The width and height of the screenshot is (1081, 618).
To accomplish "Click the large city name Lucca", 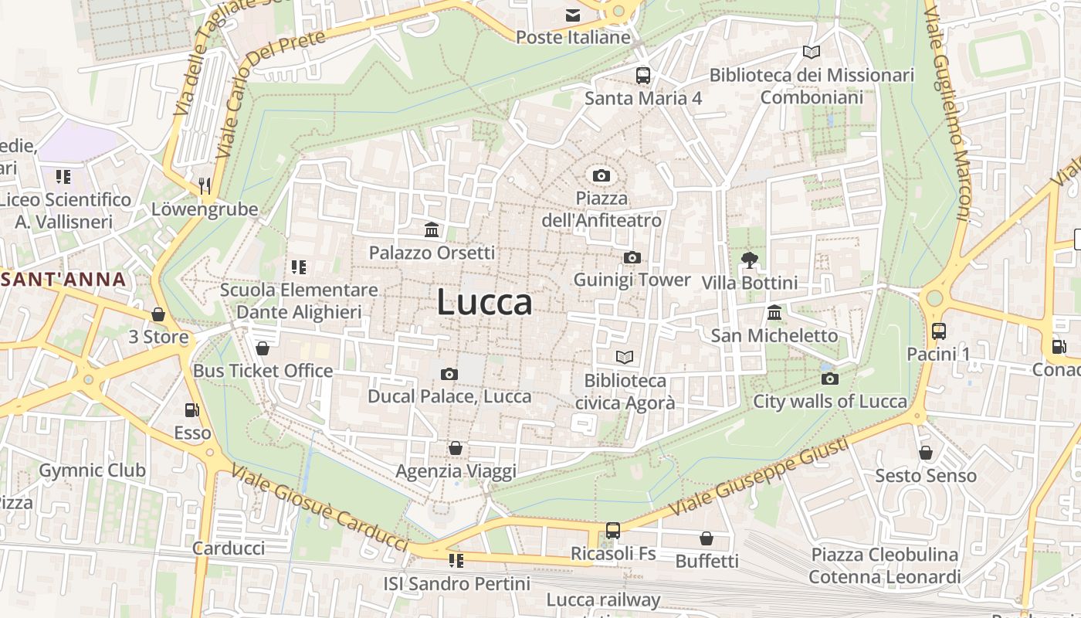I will [484, 302].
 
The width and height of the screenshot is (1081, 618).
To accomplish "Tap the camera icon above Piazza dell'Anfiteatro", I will [601, 176].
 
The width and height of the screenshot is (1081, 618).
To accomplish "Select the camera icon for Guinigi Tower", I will [632, 257].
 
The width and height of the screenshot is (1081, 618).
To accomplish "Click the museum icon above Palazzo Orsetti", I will [432, 229].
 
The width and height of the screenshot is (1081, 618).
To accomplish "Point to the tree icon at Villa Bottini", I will [748, 260].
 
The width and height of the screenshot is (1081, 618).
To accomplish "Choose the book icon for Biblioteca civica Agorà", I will [625, 357].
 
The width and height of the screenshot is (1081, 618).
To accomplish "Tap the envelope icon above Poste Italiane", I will [573, 15].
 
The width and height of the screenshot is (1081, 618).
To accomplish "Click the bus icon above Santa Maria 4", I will [643, 75].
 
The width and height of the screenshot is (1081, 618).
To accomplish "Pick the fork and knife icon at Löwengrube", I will [205, 185].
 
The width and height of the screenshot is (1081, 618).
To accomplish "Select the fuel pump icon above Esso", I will [191, 410].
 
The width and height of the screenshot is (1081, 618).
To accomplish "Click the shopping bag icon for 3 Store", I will [158, 314].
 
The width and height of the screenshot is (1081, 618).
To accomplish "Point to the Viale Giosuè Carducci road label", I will [319, 509].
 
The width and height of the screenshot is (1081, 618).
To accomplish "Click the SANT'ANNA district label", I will [63, 279].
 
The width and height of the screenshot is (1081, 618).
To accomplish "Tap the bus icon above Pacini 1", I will [938, 331].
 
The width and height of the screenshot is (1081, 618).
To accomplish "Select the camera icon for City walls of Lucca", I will [830, 379].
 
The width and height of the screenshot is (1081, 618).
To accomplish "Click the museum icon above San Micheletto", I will [774, 313].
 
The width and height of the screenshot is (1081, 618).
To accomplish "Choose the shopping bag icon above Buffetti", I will [706, 538].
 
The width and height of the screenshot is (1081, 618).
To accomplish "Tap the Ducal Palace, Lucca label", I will [449, 396].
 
